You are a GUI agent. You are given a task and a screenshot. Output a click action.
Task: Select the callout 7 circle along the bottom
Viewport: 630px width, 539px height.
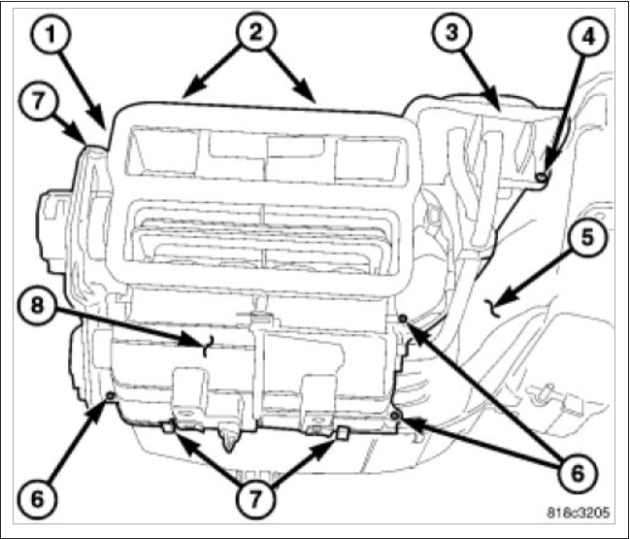pyautogui.click(x=253, y=498)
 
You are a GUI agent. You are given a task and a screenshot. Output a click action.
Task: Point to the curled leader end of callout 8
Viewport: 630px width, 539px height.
pyautogui.click(x=206, y=346)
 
